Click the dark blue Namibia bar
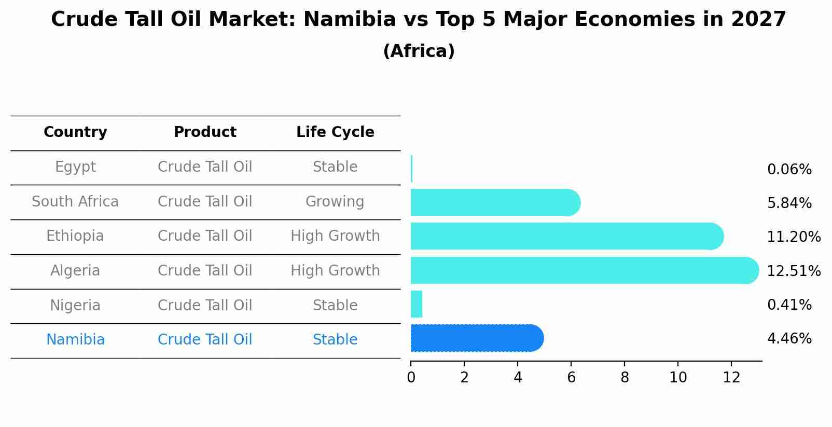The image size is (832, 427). [x=476, y=338]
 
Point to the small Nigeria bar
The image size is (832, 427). [x=417, y=304]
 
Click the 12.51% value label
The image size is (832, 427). [x=793, y=271]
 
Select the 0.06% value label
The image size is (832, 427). [x=789, y=170]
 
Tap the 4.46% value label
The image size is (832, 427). [x=789, y=339]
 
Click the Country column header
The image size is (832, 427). [x=75, y=132]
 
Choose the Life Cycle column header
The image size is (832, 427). [x=335, y=132]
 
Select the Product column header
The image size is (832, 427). [x=205, y=132]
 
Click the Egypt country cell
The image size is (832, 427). [x=75, y=167]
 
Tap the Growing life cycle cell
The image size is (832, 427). [x=335, y=201]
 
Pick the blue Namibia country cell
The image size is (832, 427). [x=75, y=340]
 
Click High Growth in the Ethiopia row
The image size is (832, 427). [x=335, y=236]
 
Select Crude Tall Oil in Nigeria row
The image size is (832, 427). [x=205, y=305]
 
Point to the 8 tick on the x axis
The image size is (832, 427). [x=625, y=377]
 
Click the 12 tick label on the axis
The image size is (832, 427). [x=731, y=377]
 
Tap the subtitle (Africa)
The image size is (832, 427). [x=419, y=51]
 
